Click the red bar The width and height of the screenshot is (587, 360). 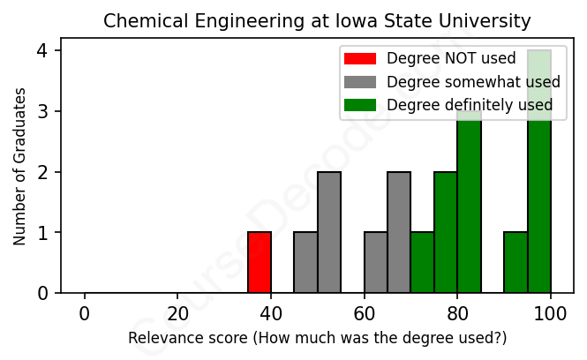[x=260, y=262]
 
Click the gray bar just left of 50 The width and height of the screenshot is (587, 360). [x=305, y=262]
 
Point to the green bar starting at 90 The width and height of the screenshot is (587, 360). [x=516, y=262]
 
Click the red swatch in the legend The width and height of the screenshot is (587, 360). [x=359, y=59]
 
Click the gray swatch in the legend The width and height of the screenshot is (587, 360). [x=359, y=82]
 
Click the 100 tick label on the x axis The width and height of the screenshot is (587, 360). [x=551, y=314]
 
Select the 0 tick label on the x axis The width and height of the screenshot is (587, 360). [x=85, y=314]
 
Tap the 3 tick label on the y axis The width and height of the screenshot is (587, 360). [x=42, y=111]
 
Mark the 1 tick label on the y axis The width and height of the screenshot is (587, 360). [x=42, y=233]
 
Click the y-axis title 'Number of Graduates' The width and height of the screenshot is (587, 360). [x=19, y=172]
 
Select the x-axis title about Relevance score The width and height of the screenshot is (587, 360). [x=318, y=338]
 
